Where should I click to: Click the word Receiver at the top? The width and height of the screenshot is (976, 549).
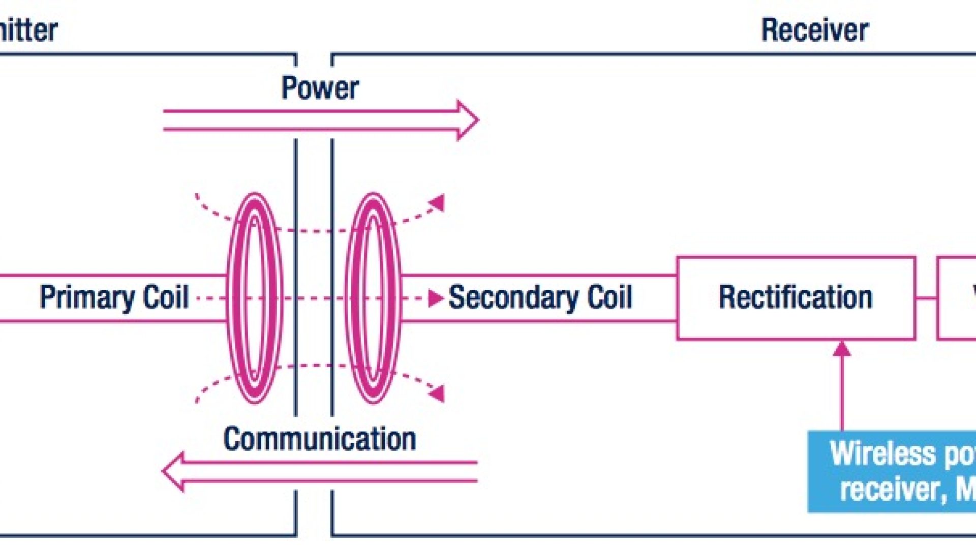pyautogui.click(x=814, y=30)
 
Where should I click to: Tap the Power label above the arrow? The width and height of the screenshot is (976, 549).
pyautogui.click(x=320, y=88)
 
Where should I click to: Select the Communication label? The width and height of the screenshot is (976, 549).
pyautogui.click(x=320, y=439)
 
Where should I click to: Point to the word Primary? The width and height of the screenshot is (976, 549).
pyautogui.click(x=86, y=297)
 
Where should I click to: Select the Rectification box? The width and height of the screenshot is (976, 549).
pyautogui.click(x=796, y=298)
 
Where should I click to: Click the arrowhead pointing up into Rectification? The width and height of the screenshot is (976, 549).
pyautogui.click(x=842, y=349)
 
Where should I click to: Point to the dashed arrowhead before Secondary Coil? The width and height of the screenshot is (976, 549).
pyautogui.click(x=435, y=298)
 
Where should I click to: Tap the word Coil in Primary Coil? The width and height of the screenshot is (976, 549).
pyautogui.click(x=166, y=297)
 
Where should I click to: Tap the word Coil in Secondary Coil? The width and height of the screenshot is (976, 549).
pyautogui.click(x=610, y=297)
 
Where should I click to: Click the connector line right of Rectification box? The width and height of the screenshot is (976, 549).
pyautogui.click(x=926, y=298)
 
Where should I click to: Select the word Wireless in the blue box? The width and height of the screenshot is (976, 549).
pyautogui.click(x=882, y=454)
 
